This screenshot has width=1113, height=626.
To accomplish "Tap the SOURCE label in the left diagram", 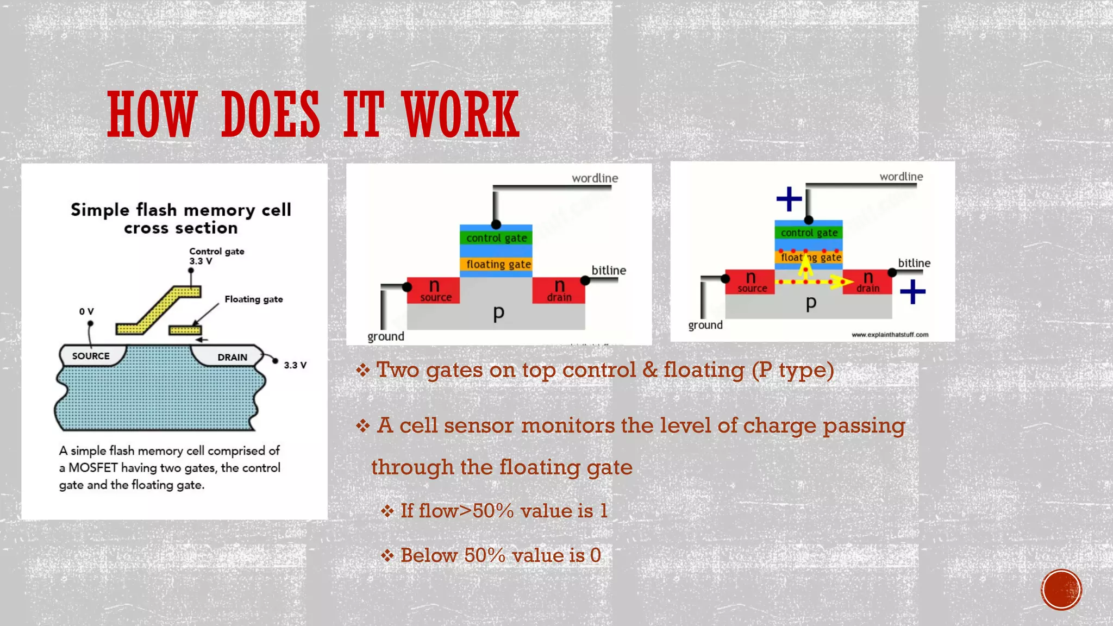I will point(91,356).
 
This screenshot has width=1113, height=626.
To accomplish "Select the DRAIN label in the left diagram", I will point(232,357).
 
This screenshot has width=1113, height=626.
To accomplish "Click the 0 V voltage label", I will point(86,311).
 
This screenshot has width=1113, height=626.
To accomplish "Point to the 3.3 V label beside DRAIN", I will point(295,365).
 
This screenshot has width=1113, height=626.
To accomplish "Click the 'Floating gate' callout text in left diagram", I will point(253,299).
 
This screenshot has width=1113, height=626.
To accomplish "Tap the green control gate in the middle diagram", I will point(496,238).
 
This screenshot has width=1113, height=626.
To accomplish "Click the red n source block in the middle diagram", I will point(434,290).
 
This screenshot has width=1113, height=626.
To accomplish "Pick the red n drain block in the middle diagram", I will point(559,290).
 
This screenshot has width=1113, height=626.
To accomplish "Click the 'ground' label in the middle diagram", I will point(386,336).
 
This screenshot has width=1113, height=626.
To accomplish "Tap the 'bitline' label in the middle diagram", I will point(609,270).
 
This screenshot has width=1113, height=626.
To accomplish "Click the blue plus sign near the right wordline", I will point(789,199).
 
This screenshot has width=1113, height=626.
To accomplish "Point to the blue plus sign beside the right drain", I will point(912,292).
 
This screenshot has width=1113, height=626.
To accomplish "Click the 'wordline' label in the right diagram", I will point(901,177).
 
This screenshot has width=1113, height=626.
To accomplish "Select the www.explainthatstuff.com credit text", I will point(890,335).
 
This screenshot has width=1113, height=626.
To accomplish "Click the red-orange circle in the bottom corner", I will point(1061,590).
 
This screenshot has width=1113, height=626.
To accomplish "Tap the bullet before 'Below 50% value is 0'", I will point(387,555).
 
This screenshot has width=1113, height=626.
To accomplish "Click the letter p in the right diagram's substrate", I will point(811,303).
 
